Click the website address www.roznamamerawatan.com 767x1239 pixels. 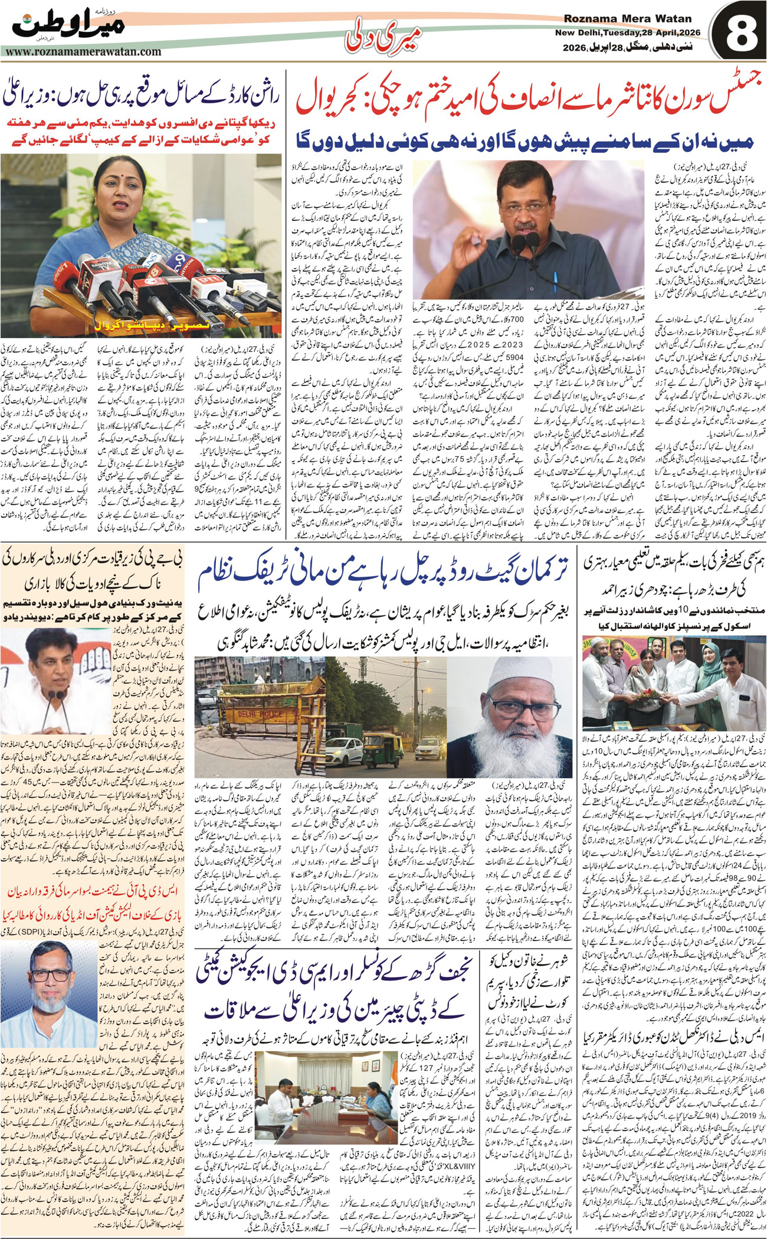click(x=83, y=51)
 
